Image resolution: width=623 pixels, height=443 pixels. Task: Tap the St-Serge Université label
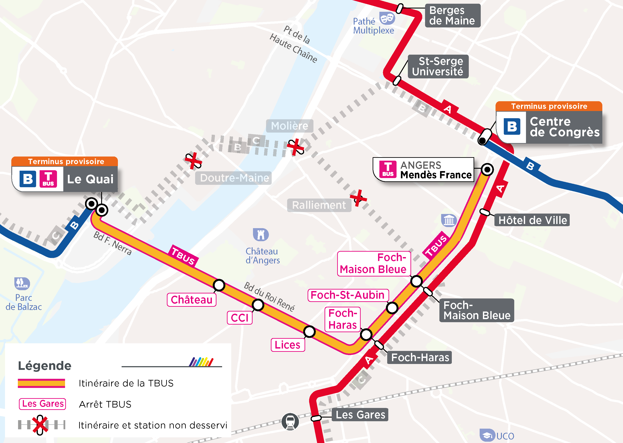[438, 67]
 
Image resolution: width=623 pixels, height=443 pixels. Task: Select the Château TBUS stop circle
[219, 285]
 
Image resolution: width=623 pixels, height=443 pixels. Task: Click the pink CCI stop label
[239, 318]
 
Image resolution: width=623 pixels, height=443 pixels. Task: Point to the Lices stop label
[288, 345]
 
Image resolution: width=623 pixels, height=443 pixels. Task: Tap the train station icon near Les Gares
[290, 421]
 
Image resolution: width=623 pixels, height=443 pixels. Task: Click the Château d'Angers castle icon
[261, 235]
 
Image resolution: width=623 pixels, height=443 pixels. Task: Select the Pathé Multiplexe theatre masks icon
[387, 18]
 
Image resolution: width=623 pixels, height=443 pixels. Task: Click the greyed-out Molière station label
[290, 126]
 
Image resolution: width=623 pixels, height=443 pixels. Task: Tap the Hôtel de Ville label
[532, 220]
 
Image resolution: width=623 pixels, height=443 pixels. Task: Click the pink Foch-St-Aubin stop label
[348, 295]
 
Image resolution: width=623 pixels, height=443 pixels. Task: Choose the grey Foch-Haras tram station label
[420, 357]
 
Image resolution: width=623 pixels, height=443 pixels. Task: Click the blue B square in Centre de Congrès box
[512, 127]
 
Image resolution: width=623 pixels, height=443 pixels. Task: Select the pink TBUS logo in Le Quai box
[48, 179]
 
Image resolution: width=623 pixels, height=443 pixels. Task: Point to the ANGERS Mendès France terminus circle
[487, 170]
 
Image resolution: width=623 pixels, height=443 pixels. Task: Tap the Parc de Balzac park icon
[22, 283]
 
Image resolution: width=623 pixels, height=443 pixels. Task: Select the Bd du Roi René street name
[269, 297]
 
